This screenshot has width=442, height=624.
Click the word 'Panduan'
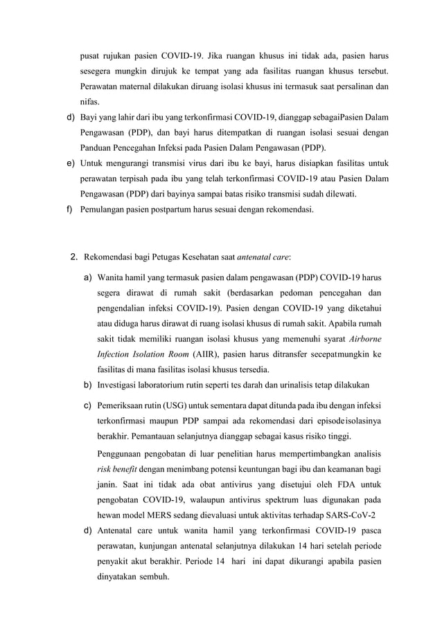pyautogui.click(x=97, y=147)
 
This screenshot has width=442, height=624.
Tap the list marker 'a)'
pyautogui.click(x=89, y=277)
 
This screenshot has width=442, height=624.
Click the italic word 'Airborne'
pyautogui.click(x=364, y=338)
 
